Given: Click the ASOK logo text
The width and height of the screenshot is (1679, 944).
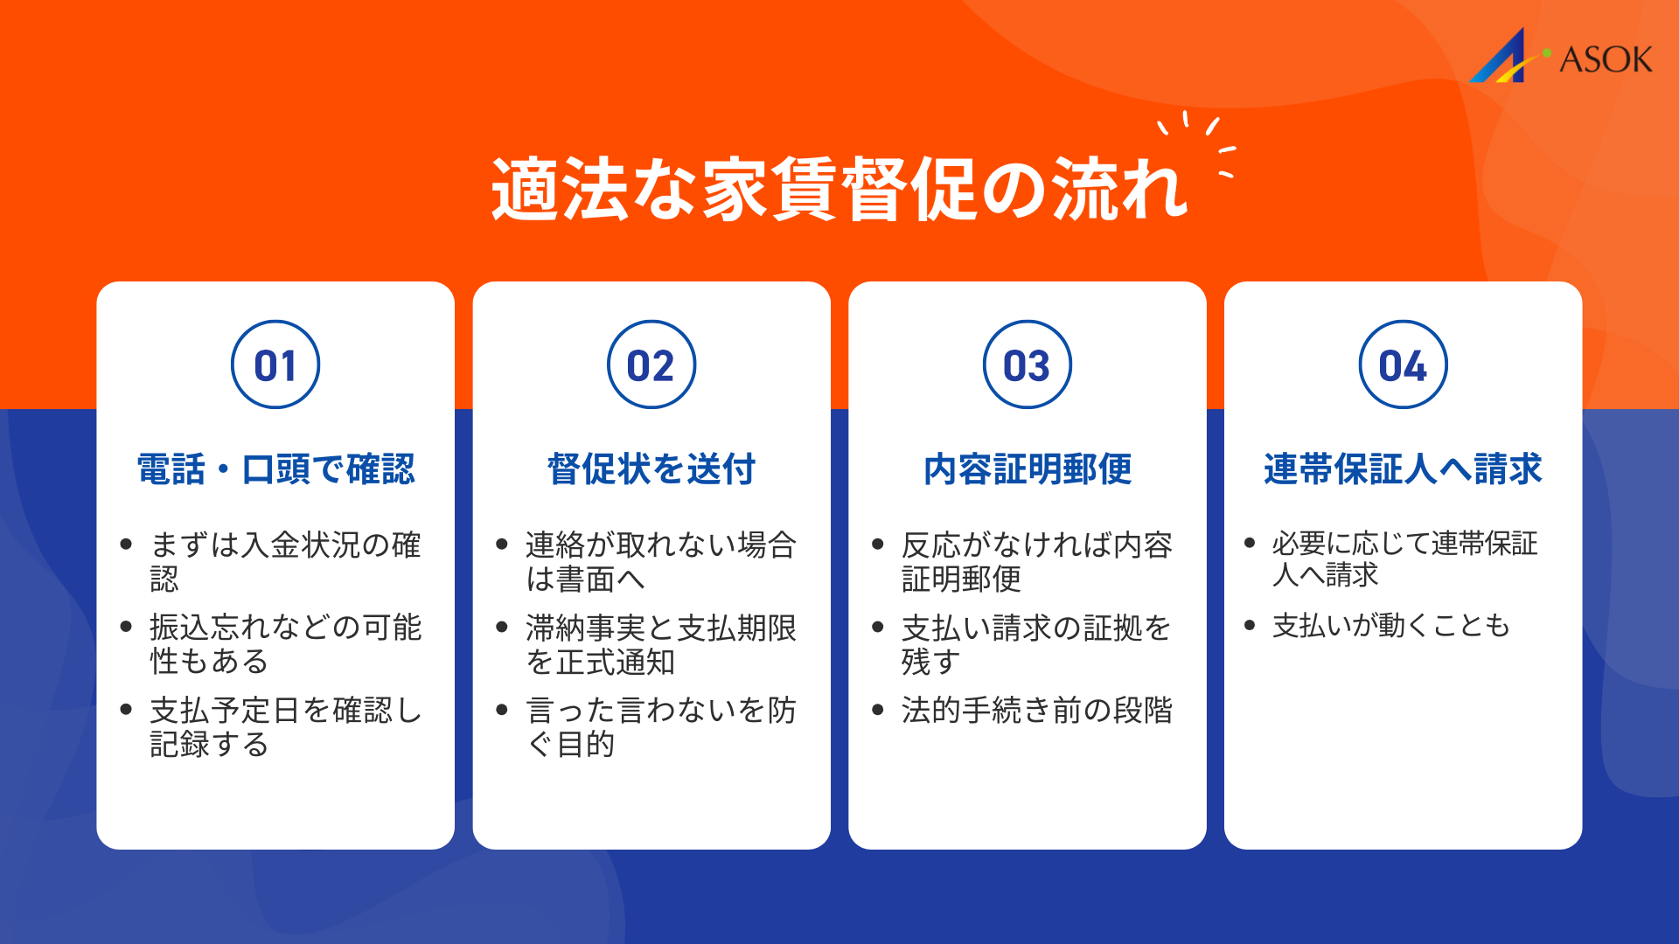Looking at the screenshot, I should (1606, 59).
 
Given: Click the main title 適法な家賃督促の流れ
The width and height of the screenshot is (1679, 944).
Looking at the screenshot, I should (839, 189).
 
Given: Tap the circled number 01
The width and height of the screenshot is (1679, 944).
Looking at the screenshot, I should (275, 365).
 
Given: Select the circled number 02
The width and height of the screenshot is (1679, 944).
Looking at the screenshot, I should (651, 365).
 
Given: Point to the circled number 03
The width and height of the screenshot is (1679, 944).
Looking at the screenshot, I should (1028, 365).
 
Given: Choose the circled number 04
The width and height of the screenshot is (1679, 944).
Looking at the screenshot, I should (1404, 365).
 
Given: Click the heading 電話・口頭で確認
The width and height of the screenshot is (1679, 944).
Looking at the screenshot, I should (275, 469).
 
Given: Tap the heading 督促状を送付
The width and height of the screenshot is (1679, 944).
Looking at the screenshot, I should (651, 469).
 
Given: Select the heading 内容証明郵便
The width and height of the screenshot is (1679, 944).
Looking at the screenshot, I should (1028, 469).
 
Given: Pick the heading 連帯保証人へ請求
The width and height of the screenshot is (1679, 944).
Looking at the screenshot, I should (1403, 469).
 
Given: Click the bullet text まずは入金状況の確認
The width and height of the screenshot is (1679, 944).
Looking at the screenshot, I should (285, 561).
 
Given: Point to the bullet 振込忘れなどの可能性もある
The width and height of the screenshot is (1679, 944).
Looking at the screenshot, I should (285, 644).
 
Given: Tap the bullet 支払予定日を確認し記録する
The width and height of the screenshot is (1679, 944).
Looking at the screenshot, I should (285, 726).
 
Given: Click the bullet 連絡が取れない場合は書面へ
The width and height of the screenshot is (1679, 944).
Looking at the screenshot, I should (660, 561).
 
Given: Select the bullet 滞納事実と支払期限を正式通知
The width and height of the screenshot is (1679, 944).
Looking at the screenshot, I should (660, 644).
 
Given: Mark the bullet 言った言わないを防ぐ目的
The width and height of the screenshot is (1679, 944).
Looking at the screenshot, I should (660, 726).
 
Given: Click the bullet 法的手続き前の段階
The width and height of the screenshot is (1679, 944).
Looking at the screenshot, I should (1036, 710).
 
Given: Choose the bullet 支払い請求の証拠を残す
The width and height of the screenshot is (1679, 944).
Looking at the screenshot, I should (1036, 644).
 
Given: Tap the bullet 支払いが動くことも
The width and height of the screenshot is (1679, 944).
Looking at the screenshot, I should (1390, 626).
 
